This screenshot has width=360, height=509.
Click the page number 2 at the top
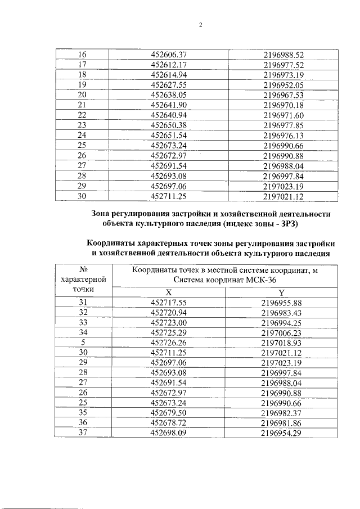(x=201, y=25)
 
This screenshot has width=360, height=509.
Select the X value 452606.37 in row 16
(x=169, y=55)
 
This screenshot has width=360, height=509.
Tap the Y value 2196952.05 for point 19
(x=283, y=85)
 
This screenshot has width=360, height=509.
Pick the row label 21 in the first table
(x=82, y=105)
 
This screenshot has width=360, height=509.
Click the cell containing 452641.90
(x=169, y=105)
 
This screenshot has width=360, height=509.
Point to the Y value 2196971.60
(x=283, y=115)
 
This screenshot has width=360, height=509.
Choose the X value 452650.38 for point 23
(x=169, y=125)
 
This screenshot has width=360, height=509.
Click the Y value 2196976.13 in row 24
(x=283, y=136)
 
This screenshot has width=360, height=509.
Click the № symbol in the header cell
(x=83, y=269)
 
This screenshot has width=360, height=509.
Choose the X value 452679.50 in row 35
(x=169, y=413)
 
